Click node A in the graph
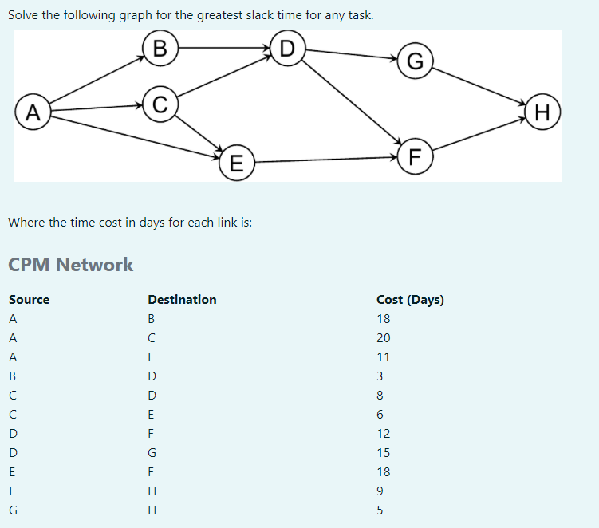point(32,111)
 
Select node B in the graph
point(160,48)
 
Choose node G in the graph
point(415,61)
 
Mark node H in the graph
point(542,111)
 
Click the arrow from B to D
point(223,48)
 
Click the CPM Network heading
point(70,265)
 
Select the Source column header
point(29,300)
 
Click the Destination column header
point(182,300)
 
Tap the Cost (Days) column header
point(410,300)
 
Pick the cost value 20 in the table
point(383,338)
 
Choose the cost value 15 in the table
point(383,453)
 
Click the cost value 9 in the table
point(380,491)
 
